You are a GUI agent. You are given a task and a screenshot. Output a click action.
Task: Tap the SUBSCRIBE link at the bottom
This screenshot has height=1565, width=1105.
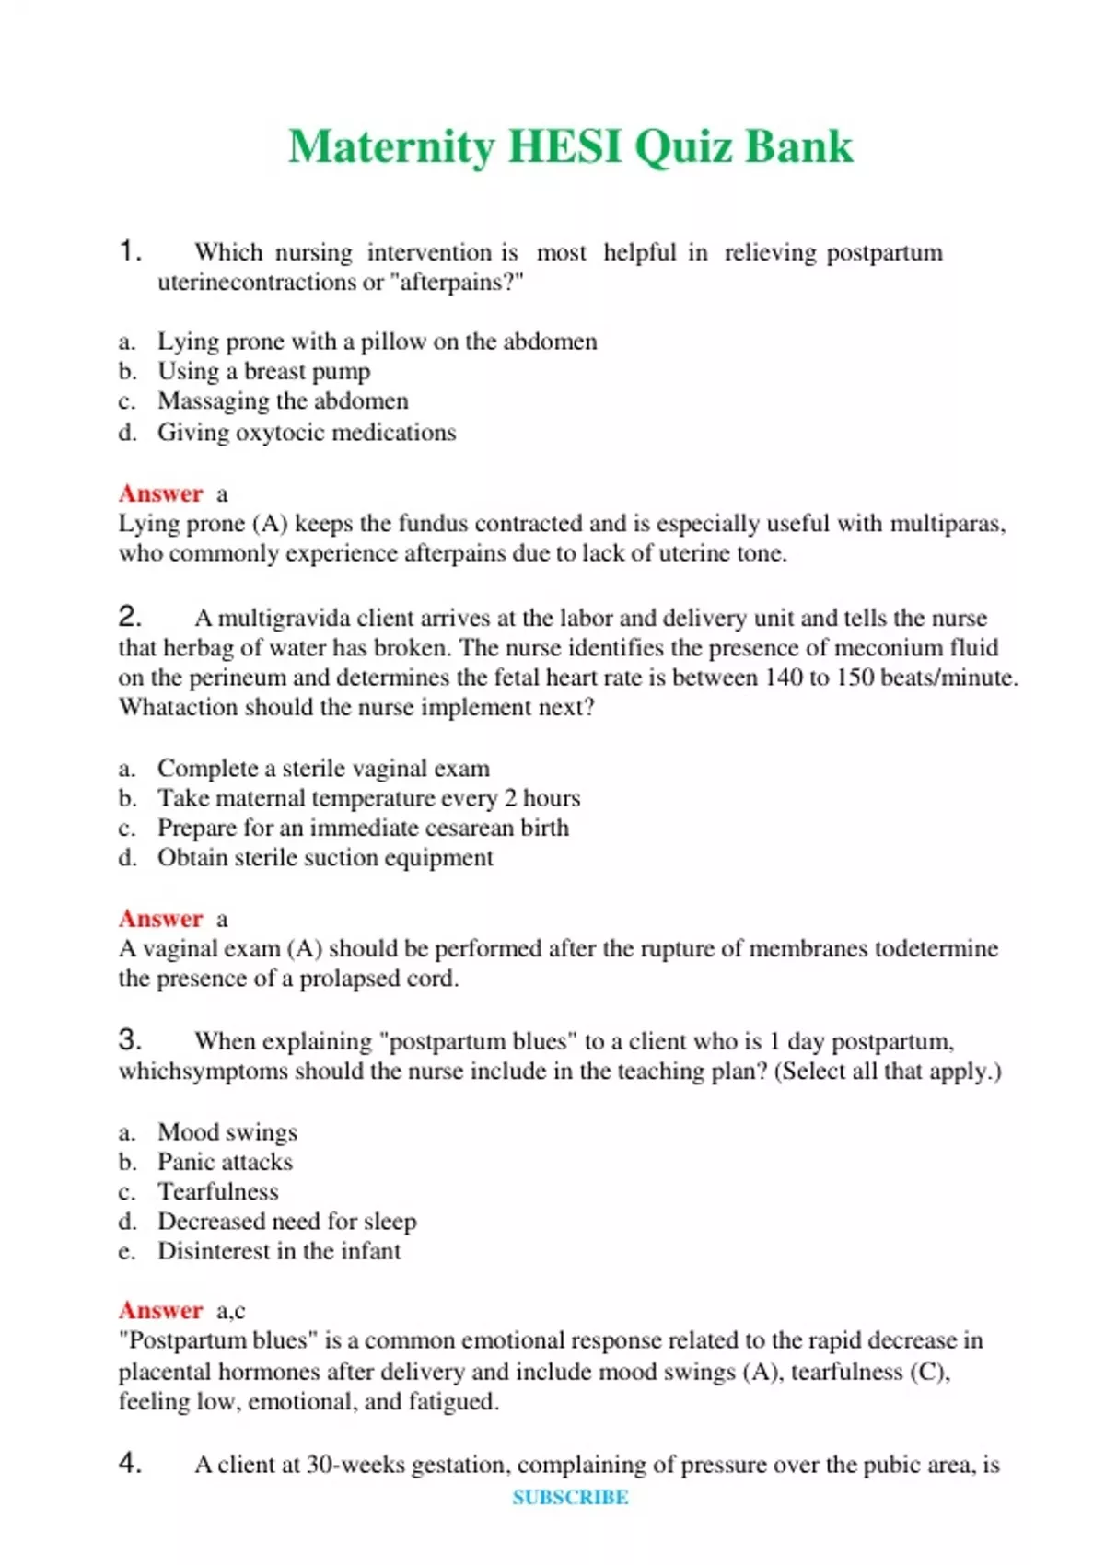tap(570, 1497)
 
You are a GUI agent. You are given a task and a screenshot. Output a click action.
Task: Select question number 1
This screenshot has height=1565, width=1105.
tap(130, 250)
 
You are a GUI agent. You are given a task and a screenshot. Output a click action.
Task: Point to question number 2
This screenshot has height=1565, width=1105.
tap(130, 616)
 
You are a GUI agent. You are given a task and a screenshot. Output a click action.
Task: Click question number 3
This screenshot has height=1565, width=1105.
tap(130, 1039)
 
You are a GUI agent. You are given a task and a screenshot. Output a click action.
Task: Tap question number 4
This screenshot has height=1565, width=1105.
tap(130, 1463)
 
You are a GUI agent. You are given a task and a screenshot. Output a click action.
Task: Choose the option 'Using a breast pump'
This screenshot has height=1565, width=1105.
tap(263, 371)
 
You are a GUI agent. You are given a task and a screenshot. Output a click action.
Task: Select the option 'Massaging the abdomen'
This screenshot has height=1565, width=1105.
tap(283, 401)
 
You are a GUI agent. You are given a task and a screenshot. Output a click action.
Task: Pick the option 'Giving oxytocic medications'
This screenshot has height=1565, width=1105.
tap(307, 432)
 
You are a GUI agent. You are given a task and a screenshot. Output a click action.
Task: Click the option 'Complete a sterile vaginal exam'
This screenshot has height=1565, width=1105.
tap(323, 768)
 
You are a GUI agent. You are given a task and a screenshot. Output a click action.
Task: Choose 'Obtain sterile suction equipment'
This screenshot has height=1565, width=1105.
tap(325, 857)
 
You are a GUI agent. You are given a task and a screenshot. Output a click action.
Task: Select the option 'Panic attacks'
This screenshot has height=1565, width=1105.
tap(225, 1162)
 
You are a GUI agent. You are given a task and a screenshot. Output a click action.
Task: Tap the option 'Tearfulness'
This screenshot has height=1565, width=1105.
tap(217, 1191)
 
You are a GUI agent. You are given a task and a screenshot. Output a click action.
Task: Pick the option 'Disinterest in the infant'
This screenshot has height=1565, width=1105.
tap(279, 1251)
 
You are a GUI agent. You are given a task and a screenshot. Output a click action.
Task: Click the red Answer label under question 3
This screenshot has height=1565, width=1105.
tap(160, 1310)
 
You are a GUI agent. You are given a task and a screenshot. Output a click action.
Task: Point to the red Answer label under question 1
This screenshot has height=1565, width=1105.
tap(160, 493)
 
